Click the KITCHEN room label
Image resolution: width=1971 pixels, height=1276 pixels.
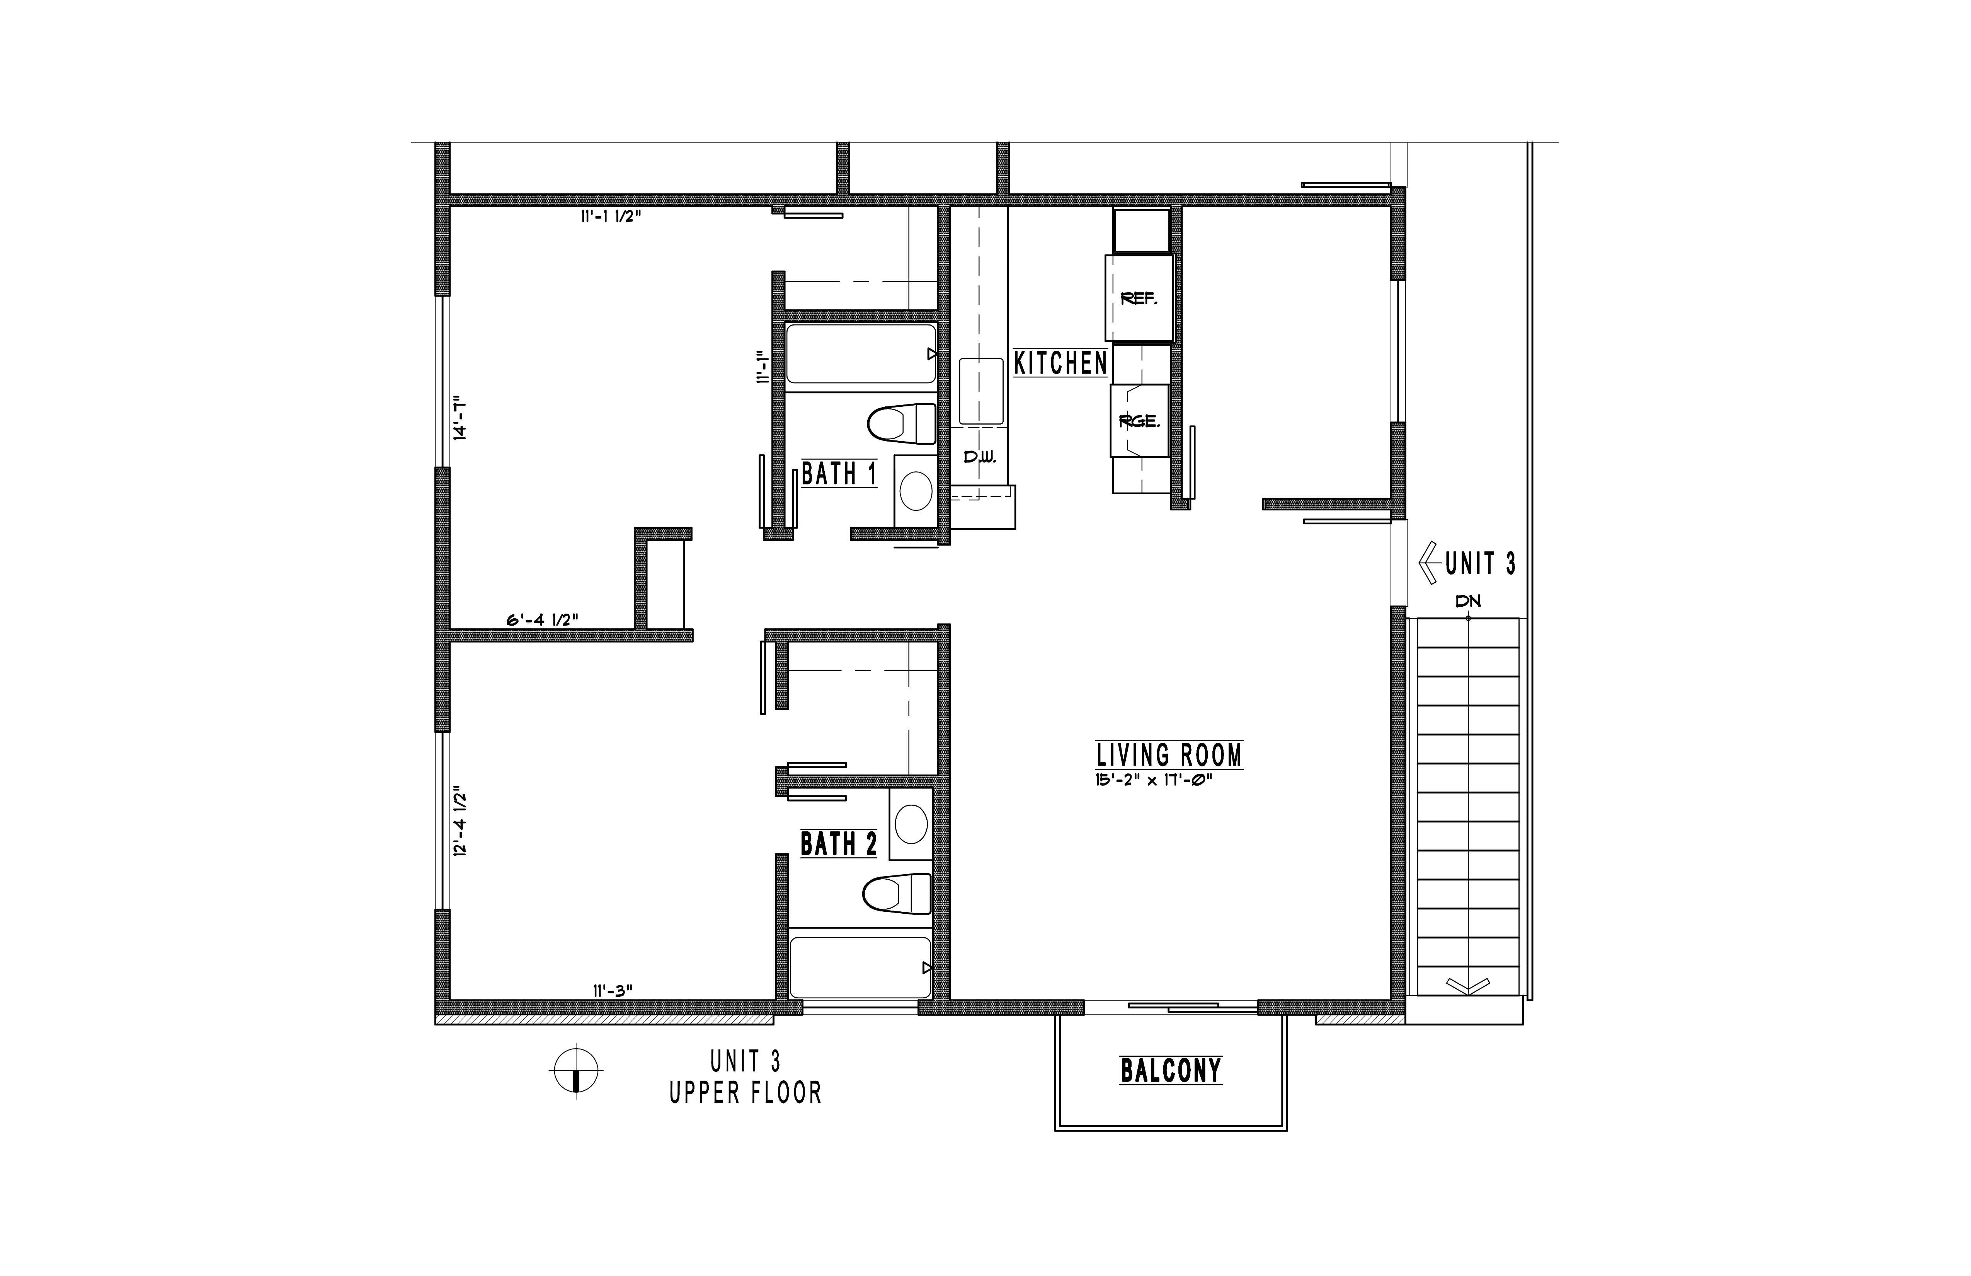click(x=1060, y=363)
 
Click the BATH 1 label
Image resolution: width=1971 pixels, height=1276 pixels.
click(x=839, y=474)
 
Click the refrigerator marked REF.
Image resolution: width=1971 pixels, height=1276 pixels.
click(x=1139, y=298)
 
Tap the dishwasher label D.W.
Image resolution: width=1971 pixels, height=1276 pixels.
click(x=980, y=457)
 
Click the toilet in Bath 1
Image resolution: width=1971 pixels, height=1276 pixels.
click(x=901, y=423)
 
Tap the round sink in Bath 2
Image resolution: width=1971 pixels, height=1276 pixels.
click(x=911, y=824)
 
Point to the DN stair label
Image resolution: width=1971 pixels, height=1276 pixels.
click(x=1467, y=602)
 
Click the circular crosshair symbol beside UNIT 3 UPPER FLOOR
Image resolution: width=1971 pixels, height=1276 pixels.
click(x=575, y=1071)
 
